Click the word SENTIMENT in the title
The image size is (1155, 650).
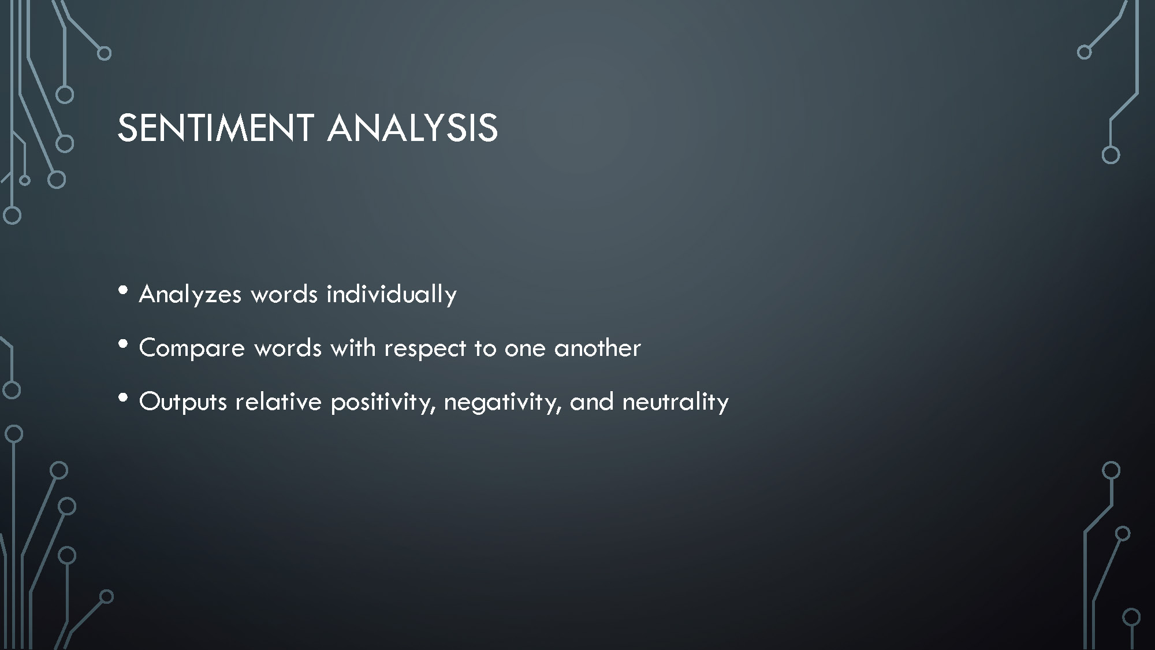pyautogui.click(x=215, y=128)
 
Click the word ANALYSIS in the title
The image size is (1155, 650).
pyautogui.click(x=412, y=128)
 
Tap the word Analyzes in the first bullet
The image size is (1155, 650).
pyautogui.click(x=190, y=295)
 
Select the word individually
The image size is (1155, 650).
pyautogui.click(x=392, y=295)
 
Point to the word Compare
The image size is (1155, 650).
pyautogui.click(x=192, y=348)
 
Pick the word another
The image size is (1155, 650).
pyautogui.click(x=597, y=348)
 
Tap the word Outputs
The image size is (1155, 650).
pyautogui.click(x=183, y=402)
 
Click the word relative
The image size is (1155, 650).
pyautogui.click(x=278, y=401)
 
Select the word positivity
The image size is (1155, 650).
pyautogui.click(x=382, y=402)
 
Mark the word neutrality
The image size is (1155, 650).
pyautogui.click(x=675, y=402)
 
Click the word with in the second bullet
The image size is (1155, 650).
pyautogui.click(x=353, y=348)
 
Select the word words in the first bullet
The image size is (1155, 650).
pyautogui.click(x=284, y=294)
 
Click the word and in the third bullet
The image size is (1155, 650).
pyautogui.click(x=591, y=401)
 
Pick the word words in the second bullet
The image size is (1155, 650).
pyautogui.click(x=288, y=348)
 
